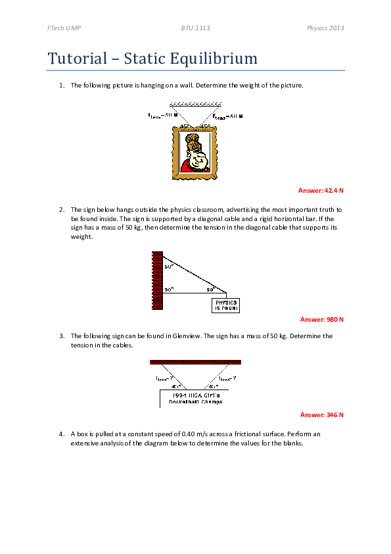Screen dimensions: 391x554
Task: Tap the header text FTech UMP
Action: [x=64, y=29]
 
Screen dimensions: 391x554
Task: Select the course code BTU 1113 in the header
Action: [x=195, y=29]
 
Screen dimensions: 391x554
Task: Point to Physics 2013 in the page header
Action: [x=326, y=29]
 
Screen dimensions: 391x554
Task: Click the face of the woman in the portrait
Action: [x=195, y=156]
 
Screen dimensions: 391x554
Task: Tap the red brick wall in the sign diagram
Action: [x=157, y=280]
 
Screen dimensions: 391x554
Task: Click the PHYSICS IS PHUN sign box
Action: [x=226, y=305]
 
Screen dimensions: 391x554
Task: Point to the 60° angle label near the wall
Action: [x=168, y=267]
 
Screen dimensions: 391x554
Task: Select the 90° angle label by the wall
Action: [x=168, y=289]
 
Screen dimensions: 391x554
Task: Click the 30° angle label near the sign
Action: [x=211, y=289]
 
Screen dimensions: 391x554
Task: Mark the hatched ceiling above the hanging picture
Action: [x=195, y=104]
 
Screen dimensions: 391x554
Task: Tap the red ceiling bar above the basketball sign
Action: [x=195, y=362]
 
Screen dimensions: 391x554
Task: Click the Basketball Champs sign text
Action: [x=195, y=401]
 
